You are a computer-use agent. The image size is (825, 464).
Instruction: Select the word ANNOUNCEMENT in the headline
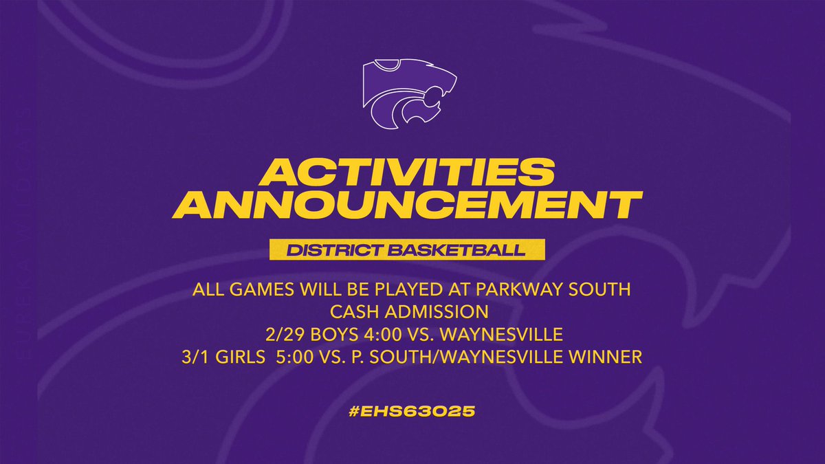tap(412, 206)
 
